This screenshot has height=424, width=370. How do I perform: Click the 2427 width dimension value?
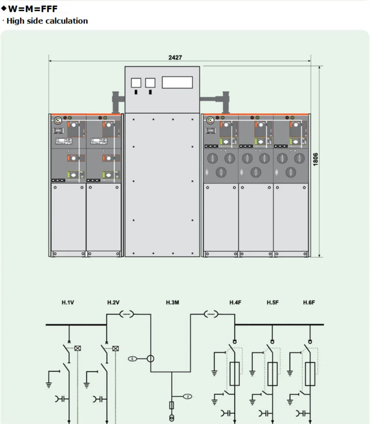tap(175, 57)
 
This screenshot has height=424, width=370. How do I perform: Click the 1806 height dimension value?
tap(316, 159)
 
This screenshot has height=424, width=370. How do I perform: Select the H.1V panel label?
tap(68, 303)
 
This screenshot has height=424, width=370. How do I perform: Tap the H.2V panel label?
tap(113, 303)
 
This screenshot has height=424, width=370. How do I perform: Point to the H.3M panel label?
tap(172, 303)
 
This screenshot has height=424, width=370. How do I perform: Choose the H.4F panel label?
tap(235, 303)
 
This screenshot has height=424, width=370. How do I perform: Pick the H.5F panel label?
tap(273, 303)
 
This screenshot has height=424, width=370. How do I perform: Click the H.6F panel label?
tap(309, 303)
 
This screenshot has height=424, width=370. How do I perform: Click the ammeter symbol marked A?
tap(132, 359)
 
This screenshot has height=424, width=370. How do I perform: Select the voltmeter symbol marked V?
tap(188, 397)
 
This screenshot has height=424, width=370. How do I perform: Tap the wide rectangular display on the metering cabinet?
tap(177, 82)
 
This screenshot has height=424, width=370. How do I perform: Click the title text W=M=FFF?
tap(33, 9)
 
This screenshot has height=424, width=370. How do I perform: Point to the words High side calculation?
tap(47, 21)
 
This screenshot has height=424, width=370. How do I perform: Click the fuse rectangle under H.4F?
tap(235, 374)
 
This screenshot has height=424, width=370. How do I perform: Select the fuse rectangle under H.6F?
tap(310, 374)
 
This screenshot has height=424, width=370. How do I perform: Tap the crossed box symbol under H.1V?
tap(78, 348)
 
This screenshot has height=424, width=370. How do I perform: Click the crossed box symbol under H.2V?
tap(116, 348)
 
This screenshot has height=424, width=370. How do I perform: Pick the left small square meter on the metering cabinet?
tap(136, 83)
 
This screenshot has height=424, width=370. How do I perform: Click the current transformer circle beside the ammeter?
tap(150, 359)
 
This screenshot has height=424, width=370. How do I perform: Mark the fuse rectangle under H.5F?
tap(272, 374)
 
